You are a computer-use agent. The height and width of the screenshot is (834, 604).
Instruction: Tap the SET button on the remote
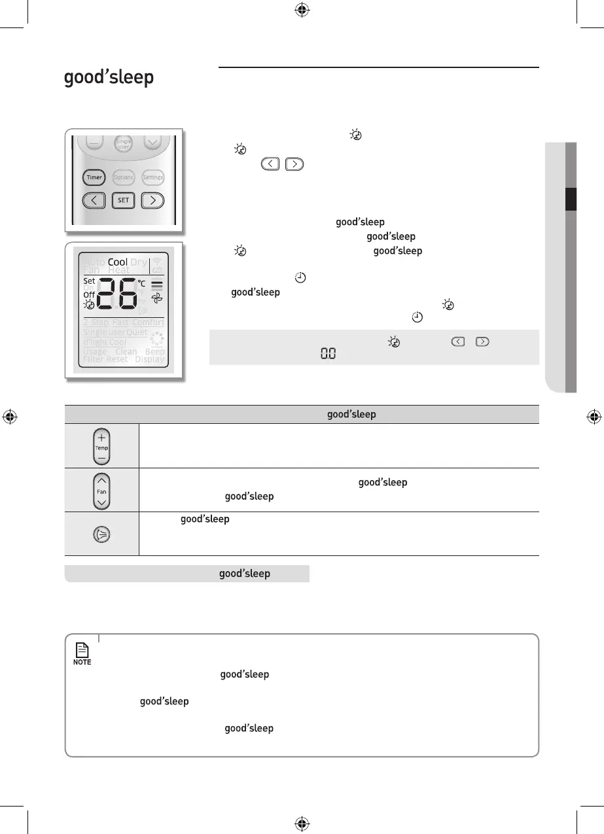124,201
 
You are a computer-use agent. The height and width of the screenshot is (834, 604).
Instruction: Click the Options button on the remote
124,177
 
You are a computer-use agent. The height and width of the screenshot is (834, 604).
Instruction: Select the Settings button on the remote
152,177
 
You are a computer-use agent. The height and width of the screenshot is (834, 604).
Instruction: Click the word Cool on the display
118,262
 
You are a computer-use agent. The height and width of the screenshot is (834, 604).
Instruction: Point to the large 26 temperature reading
117,295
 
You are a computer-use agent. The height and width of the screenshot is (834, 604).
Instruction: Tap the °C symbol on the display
141,283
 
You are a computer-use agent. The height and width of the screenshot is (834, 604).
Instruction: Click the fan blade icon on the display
157,298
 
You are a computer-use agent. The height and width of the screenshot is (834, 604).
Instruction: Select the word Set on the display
89,281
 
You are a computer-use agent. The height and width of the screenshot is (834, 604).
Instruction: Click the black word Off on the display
89,295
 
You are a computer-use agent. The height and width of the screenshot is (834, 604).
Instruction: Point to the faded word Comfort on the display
149,322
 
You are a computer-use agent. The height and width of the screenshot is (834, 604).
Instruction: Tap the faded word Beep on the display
155,351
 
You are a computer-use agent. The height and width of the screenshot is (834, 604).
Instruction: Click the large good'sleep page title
109,78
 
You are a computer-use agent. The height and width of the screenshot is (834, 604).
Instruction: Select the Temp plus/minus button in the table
101,446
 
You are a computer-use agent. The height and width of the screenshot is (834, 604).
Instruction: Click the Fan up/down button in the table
101,490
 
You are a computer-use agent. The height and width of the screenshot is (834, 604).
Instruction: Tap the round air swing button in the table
101,534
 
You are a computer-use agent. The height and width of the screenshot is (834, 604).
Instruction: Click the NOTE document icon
82,650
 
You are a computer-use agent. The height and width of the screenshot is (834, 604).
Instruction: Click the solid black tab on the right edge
571,200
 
